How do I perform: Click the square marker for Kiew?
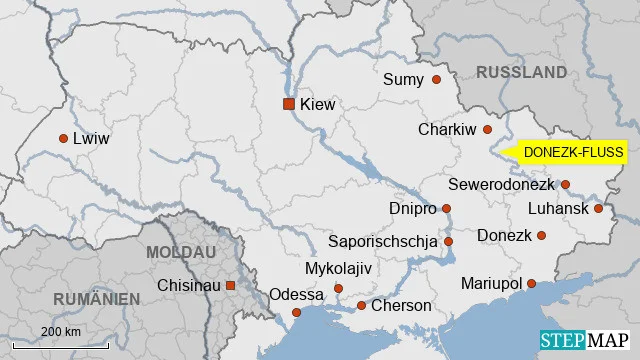coord(289,103)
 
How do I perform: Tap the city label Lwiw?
coord(91,139)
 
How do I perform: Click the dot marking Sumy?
coord(436,79)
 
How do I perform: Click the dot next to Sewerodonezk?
coord(565,185)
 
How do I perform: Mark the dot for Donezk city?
coord(541,236)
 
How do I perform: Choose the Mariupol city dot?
coord(531,284)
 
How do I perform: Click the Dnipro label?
coord(412,209)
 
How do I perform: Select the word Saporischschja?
coord(383,242)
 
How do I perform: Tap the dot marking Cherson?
coord(361,305)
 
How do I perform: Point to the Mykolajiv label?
coord(337,269)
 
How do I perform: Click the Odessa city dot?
coord(296,313)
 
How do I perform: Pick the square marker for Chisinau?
coord(230,285)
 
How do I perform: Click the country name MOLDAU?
coord(181,252)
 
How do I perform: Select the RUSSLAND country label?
coord(521,72)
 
